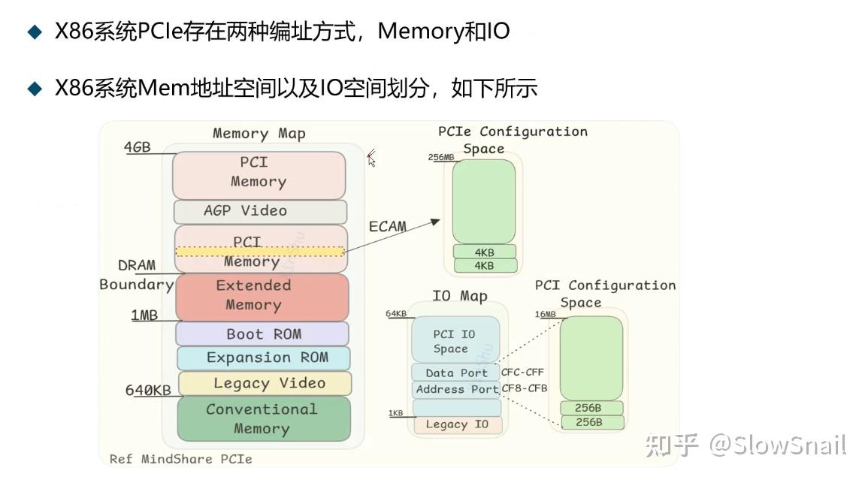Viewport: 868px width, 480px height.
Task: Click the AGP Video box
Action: pos(260,211)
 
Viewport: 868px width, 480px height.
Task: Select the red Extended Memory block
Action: pos(262,296)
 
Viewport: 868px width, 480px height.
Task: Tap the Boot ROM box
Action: pos(262,334)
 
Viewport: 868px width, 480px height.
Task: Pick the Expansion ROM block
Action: pos(264,358)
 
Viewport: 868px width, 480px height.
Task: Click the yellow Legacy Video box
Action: pos(265,383)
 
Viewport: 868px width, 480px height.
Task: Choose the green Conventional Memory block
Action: pos(263,418)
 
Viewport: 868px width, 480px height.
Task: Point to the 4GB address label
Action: pos(137,147)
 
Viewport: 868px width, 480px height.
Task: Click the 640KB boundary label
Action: pos(147,391)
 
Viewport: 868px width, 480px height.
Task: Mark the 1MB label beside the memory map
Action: pos(144,315)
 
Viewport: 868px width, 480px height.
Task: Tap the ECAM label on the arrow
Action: pos(387,226)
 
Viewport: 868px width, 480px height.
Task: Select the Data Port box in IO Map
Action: pos(455,373)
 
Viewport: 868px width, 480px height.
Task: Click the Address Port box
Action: pos(456,389)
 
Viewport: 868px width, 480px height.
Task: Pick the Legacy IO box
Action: pos(456,424)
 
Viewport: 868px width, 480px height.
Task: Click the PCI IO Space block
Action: pos(455,341)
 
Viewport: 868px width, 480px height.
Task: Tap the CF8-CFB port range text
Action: pos(525,388)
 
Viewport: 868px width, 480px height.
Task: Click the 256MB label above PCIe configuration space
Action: pos(440,157)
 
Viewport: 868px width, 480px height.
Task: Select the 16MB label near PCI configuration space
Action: pos(545,314)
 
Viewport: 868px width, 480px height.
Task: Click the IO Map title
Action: pos(459,296)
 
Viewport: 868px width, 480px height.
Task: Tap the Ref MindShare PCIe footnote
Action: pos(180,458)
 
